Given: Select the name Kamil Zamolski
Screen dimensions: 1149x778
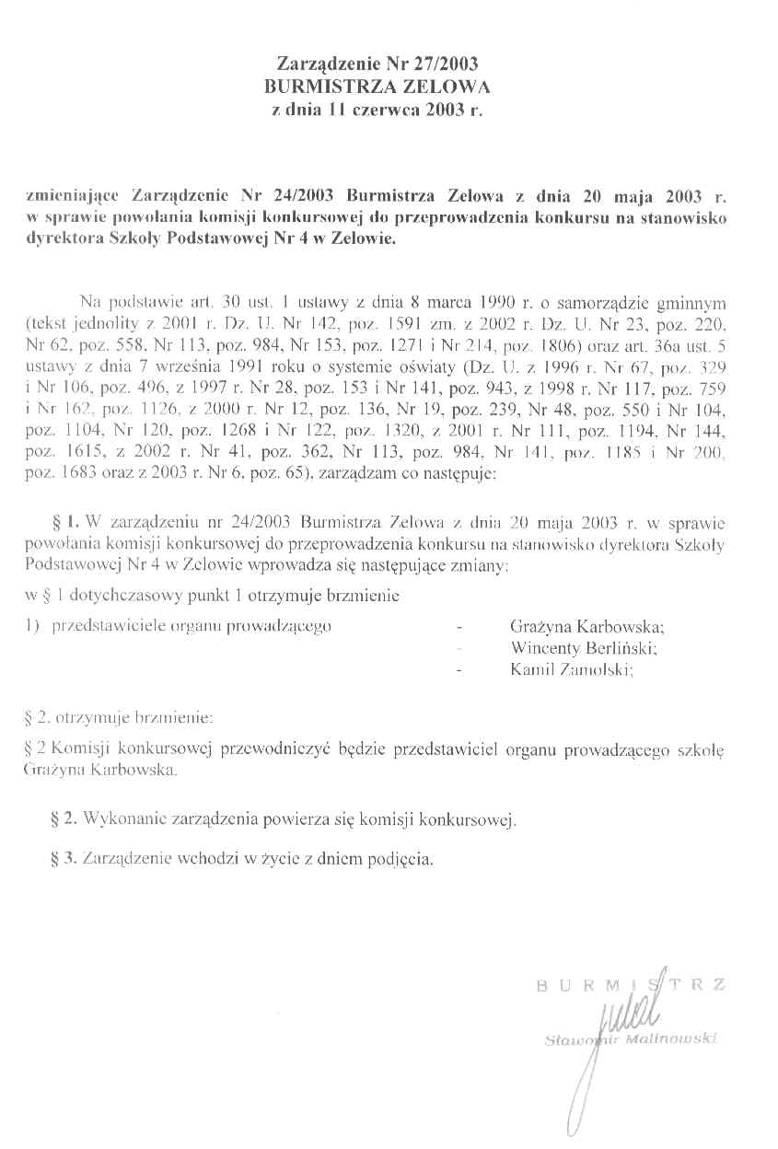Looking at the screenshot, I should point(572,670).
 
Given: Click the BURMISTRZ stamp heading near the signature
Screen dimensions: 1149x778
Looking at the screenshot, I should point(630,986).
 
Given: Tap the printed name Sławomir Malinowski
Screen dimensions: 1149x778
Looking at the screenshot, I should point(632,1040).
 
